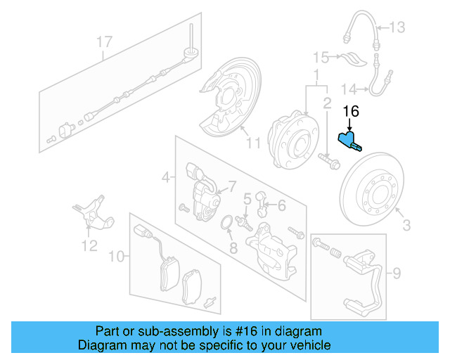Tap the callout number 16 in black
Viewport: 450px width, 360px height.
350,111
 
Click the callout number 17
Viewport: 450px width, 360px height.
104,42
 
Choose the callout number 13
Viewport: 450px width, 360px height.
397,27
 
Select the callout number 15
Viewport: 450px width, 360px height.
321,56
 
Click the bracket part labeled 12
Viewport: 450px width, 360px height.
91,211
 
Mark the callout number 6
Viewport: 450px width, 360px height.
281,205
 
